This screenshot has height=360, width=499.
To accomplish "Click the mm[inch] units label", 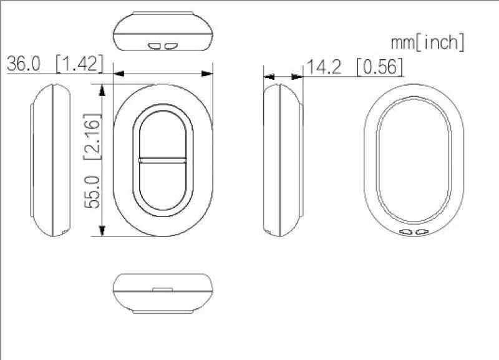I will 427,42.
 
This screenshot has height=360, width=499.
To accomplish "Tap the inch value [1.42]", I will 79,64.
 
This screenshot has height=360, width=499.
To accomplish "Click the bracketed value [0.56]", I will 379,67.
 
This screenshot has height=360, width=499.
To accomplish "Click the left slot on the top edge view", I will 155,45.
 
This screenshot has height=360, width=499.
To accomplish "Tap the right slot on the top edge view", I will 170,45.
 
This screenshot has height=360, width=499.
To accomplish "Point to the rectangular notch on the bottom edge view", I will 163,289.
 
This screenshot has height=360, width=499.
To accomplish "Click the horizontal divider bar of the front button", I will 163,160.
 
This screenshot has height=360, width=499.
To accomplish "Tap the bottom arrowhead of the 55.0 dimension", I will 102,232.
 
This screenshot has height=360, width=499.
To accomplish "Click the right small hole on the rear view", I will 422,232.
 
